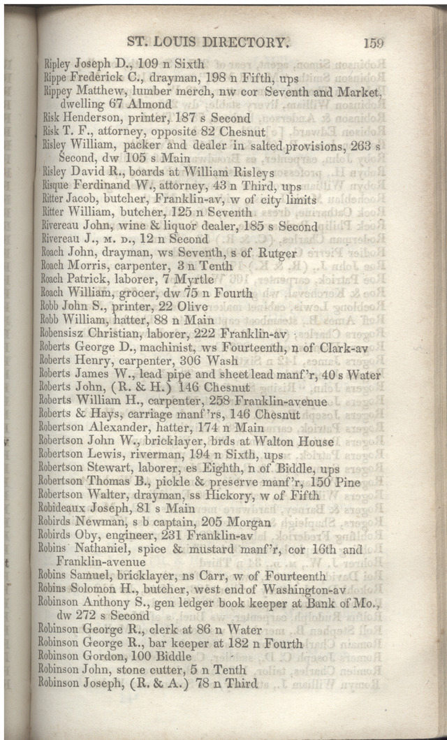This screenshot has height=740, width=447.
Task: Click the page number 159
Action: coord(373,42)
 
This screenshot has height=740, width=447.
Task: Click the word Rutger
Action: coord(277,252)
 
